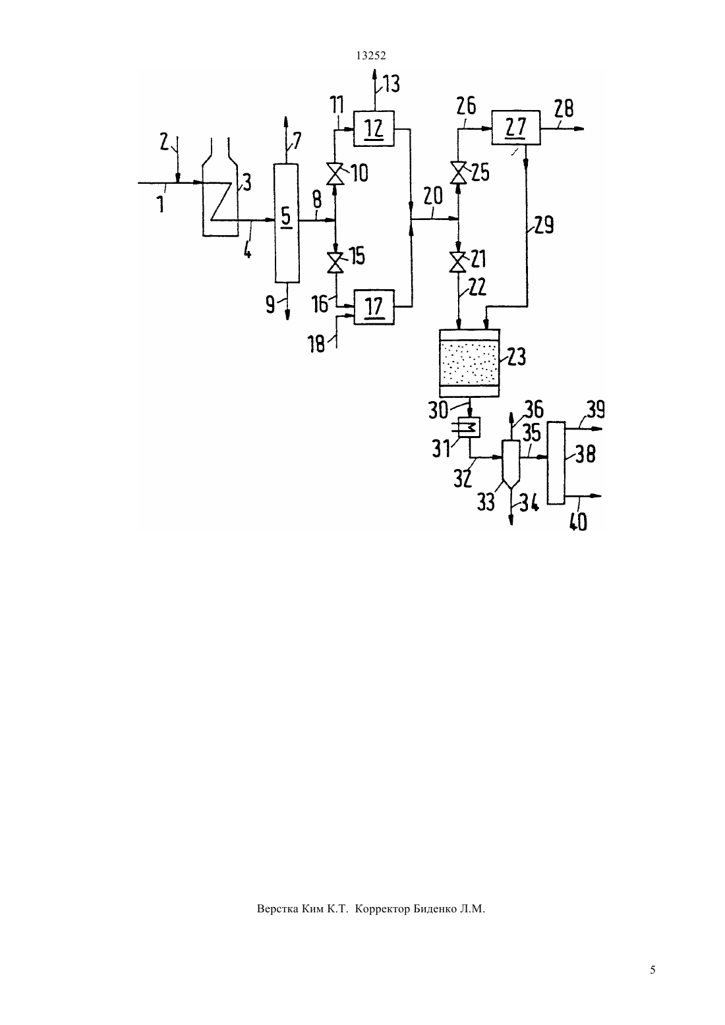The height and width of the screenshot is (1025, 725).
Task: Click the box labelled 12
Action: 374,128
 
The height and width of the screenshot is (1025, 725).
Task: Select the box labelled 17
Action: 374,307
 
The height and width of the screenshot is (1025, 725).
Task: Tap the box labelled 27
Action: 515,127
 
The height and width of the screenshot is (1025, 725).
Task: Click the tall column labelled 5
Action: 287,223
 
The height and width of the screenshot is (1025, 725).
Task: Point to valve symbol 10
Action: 335,174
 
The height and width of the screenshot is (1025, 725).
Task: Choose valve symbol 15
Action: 335,263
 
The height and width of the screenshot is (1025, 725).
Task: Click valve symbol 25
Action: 457,173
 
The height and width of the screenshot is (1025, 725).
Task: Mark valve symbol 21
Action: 457,262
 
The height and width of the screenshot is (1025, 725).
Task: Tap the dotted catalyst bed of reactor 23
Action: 469,364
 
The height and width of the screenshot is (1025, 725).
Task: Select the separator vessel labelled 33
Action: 511,463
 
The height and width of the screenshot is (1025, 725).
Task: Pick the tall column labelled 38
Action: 556,462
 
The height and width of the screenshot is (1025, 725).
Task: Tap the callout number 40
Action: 578,522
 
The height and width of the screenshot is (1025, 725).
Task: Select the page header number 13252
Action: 371,56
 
